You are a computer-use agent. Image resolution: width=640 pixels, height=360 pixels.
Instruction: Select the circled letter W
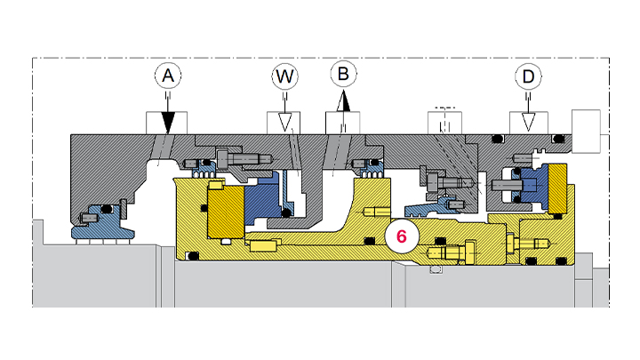coord(284,77)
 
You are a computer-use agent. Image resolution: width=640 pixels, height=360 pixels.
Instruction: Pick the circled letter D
coord(528,77)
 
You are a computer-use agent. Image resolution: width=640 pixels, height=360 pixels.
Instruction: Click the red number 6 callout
coord(401,237)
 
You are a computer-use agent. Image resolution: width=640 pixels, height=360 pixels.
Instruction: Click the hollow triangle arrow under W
coord(284,123)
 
